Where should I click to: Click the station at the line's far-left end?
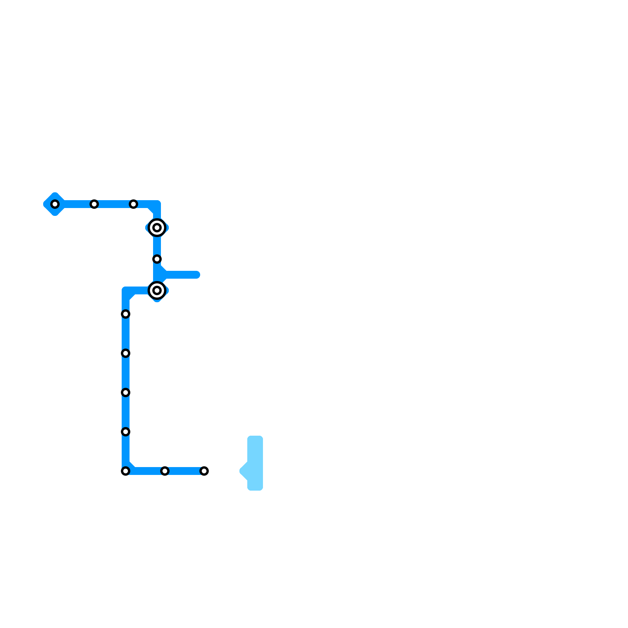coord(55,204)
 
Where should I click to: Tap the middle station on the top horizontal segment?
coord(94,204)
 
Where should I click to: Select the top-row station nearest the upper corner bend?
coord(133,204)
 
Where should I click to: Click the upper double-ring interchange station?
coord(157,228)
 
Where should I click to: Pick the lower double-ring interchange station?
coord(157,290)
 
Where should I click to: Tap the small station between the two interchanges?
coord(157,259)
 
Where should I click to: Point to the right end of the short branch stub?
coord(197,275)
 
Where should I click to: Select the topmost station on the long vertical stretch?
coord(126,314)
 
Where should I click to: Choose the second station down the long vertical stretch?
coord(126,353)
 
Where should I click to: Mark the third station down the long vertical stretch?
coord(126,392)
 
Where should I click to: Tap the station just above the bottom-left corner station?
coord(126,432)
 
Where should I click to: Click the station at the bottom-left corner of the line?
coord(126,471)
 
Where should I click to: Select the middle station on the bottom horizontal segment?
coord(165,471)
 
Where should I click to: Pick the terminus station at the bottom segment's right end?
coord(204,471)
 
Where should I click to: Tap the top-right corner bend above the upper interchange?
coord(156,205)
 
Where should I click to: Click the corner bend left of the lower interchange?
coord(127,292)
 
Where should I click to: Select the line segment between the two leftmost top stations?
coord(75,204)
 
